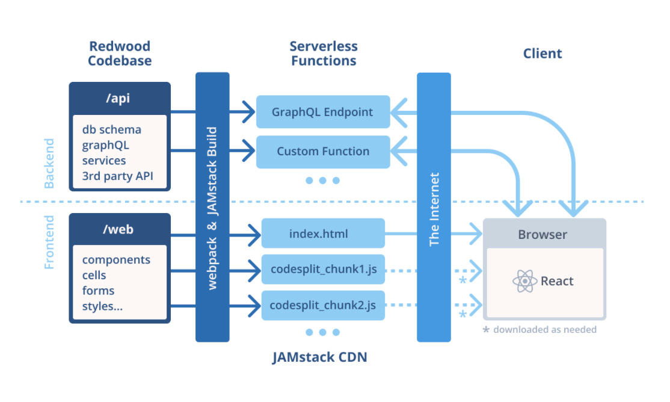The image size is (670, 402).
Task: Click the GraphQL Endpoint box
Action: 323,112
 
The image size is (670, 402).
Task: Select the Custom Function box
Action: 323,152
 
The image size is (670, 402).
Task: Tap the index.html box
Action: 323,233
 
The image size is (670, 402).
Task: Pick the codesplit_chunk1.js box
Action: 323,270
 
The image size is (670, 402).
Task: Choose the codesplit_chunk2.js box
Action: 323,306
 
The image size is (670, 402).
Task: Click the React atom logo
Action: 525,281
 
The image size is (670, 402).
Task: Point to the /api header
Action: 120,99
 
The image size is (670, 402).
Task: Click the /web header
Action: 120,229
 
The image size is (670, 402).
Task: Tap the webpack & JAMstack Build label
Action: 212,208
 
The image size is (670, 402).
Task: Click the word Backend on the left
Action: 50,164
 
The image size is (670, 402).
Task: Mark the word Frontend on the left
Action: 50,242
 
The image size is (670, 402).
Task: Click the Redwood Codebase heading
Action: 120,54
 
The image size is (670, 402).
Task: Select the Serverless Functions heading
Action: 324,54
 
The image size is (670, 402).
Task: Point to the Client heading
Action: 542,54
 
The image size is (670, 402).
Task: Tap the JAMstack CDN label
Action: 319,357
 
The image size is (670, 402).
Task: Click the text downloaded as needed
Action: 545,330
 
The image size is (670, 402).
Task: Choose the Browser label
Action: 542,235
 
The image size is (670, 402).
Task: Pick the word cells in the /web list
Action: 94,275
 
